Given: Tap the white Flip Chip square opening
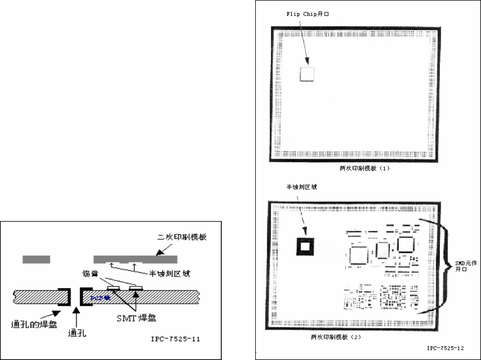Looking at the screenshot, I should (x=306, y=74).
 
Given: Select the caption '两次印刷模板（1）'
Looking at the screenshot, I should (x=365, y=168).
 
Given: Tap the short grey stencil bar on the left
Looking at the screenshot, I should (x=37, y=260).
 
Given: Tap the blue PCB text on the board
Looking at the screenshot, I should (x=98, y=297).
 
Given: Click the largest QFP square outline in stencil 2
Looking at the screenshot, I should (x=359, y=253).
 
